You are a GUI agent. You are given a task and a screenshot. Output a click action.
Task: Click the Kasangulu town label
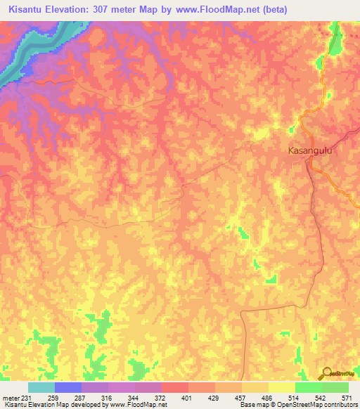click(x=309, y=150)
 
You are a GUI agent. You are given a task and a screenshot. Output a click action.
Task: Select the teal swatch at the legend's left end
click(x=41, y=387)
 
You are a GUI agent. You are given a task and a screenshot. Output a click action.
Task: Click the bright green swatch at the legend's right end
click(x=335, y=387)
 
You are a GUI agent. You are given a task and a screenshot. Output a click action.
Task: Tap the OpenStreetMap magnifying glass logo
click(x=327, y=373)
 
